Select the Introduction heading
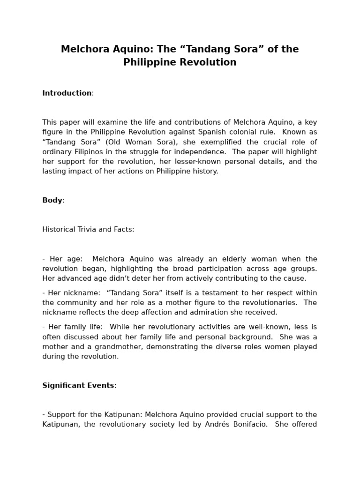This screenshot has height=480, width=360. pyautogui.click(x=67, y=93)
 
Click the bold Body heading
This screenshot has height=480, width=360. pyautogui.click(x=52, y=200)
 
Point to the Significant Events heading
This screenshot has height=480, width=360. pyautogui.click(x=78, y=385)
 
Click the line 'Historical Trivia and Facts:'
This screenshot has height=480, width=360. pyautogui.click(x=88, y=229)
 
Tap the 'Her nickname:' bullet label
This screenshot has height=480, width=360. pyautogui.click(x=75, y=292)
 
